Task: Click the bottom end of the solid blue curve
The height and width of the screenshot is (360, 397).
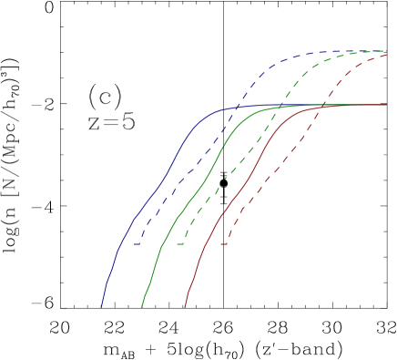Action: (x=101, y=307)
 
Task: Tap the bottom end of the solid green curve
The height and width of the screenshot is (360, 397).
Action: (x=142, y=307)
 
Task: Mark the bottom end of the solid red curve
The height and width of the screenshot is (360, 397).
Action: (x=185, y=307)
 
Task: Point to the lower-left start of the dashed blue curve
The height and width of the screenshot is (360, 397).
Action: (x=137, y=244)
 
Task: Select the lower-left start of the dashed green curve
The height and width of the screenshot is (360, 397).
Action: (x=178, y=244)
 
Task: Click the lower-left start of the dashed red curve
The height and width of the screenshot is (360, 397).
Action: (x=221, y=244)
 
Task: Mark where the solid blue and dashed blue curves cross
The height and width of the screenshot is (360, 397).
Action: (x=239, y=107)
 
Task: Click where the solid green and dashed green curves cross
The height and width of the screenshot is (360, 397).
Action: (x=280, y=106)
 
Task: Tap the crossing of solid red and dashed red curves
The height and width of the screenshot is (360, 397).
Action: (x=323, y=106)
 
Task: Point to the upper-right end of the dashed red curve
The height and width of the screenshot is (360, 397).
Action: (x=387, y=54)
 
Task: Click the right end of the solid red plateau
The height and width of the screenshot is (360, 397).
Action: (x=387, y=105)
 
